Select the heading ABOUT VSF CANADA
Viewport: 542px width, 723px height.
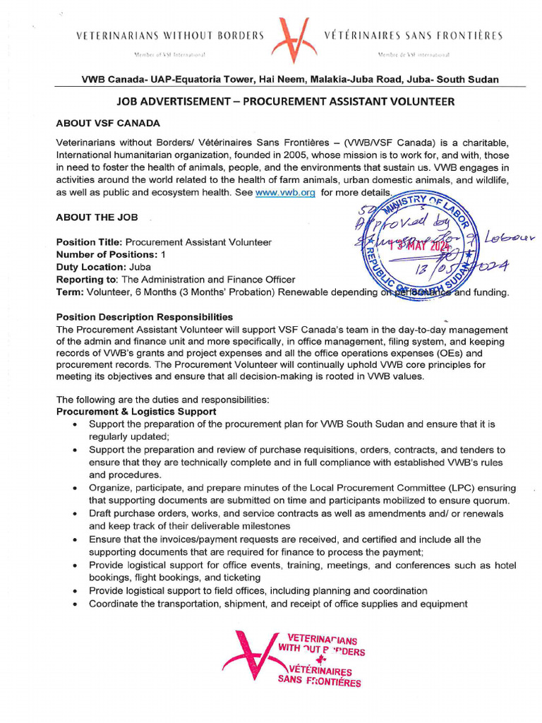click(108, 123)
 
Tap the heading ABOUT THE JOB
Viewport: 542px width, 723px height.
click(97, 217)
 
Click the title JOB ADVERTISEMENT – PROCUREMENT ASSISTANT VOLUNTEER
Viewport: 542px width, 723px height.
click(285, 102)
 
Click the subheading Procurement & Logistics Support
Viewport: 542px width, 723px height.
click(136, 412)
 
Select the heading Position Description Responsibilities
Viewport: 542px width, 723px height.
click(145, 317)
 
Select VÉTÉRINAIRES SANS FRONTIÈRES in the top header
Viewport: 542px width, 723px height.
click(413, 35)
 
